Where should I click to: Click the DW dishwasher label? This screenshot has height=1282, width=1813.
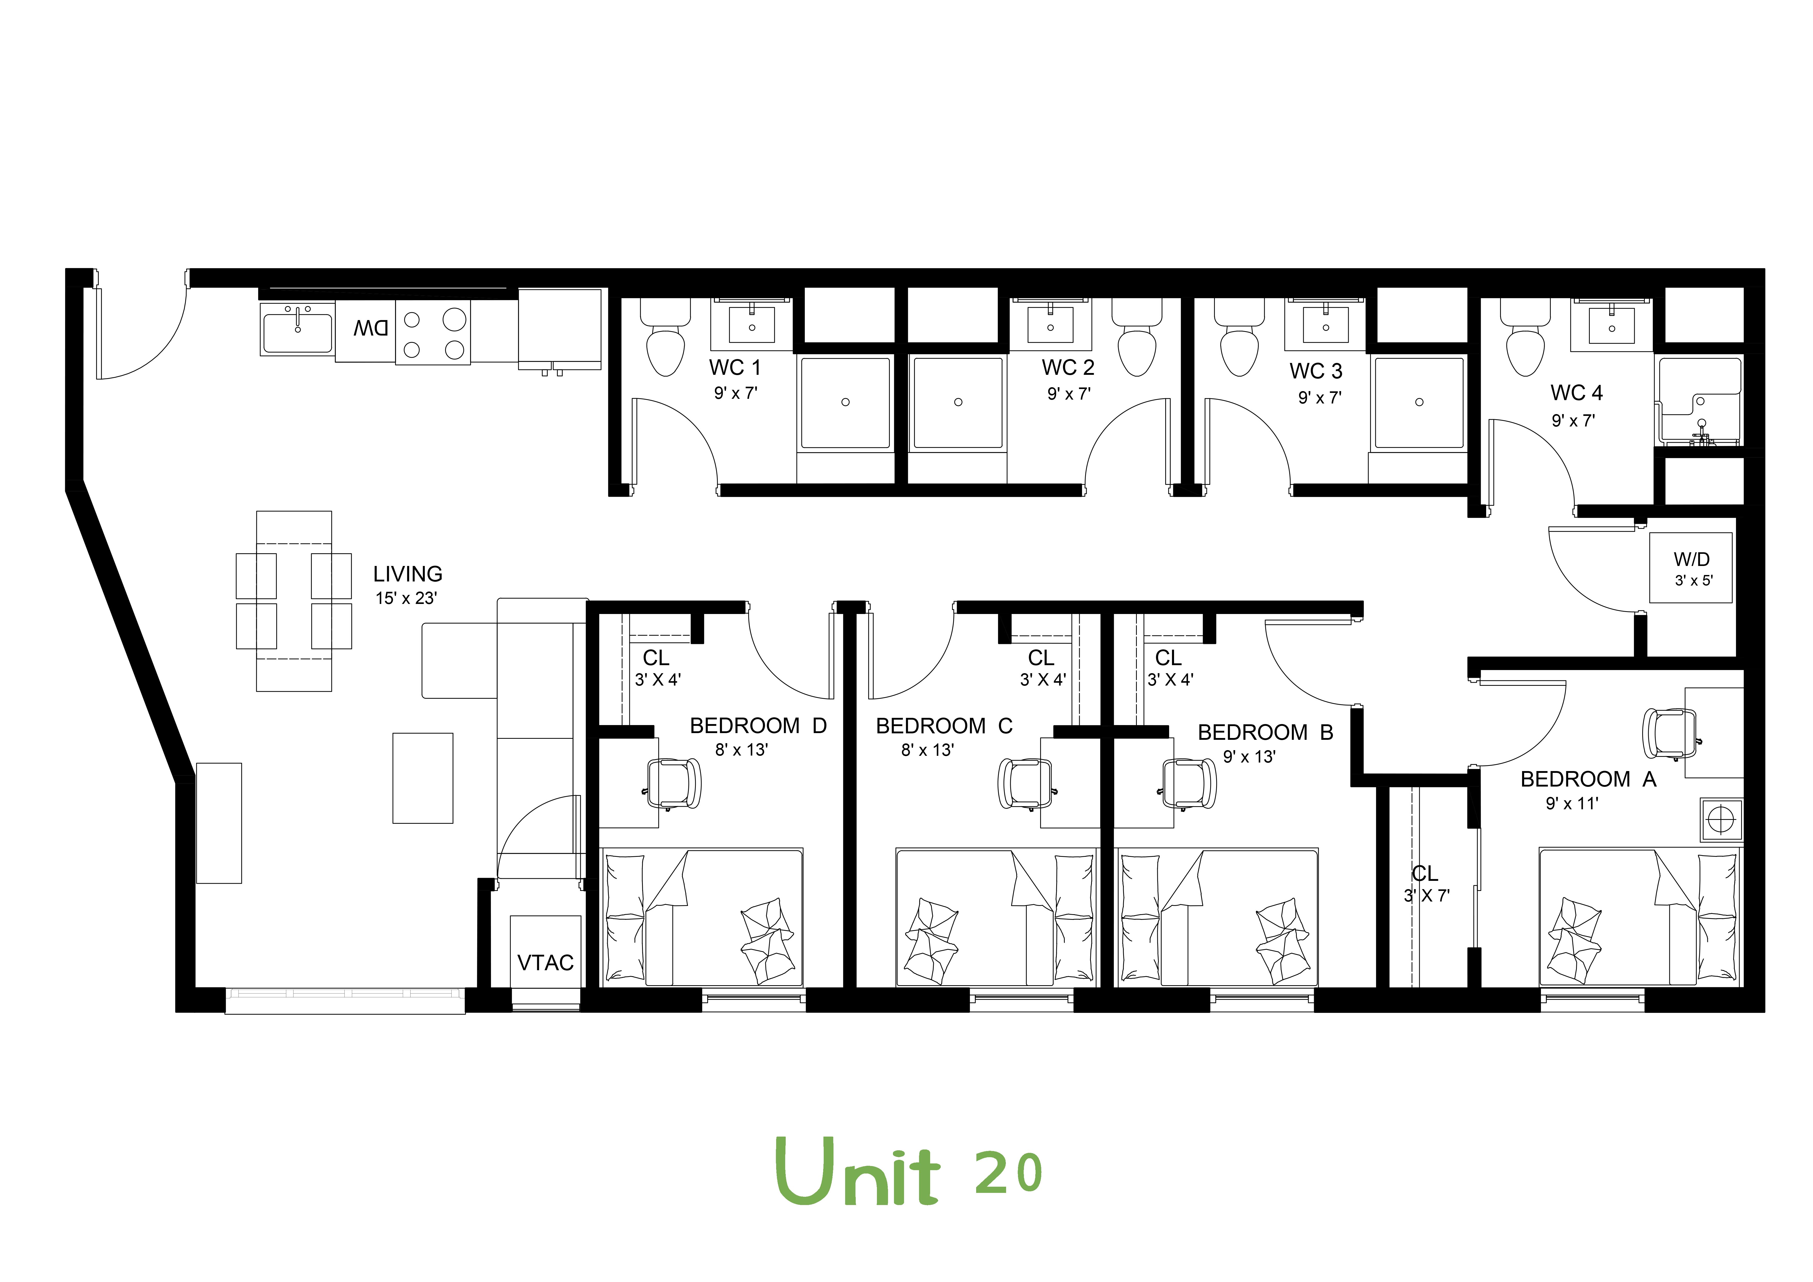coord(370,328)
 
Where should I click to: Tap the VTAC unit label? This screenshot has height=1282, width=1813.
coord(545,963)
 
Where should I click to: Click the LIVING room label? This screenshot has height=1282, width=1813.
coord(407,574)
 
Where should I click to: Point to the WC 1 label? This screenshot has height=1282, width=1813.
coord(734,368)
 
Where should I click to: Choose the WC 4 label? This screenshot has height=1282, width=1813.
coord(1576,393)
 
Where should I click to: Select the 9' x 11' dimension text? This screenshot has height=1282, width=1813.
coord(1571,804)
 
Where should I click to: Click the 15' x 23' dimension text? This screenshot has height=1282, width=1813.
coord(406,598)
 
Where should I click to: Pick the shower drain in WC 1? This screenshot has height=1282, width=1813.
coord(845,403)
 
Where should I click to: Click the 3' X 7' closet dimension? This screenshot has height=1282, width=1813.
coord(1426,896)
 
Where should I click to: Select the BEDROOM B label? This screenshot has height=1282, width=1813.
coord(1265,733)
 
